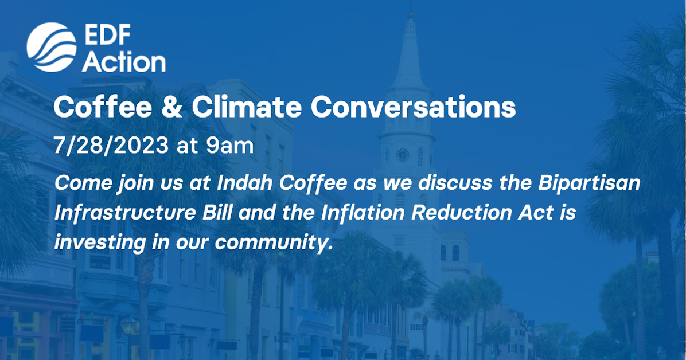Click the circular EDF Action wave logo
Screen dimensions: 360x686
point(52,47)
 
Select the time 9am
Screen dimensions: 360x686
point(229,145)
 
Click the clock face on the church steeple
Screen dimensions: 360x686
point(403,155)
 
